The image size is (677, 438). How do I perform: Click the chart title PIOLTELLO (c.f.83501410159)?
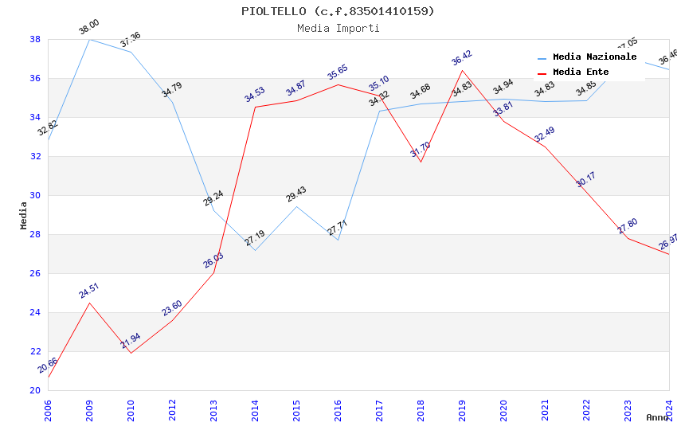click(x=338, y=11)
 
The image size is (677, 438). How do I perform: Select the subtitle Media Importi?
click(x=338, y=28)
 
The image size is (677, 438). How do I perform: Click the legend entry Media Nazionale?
click(x=594, y=57)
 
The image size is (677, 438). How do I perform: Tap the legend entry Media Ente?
click(x=581, y=72)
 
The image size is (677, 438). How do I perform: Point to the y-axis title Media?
click(x=23, y=215)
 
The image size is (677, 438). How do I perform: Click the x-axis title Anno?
click(x=657, y=417)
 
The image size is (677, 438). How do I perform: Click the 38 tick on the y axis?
click(x=35, y=39)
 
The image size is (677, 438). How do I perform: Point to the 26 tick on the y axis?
click(x=35, y=273)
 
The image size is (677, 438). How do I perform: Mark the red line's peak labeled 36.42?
click(x=462, y=70)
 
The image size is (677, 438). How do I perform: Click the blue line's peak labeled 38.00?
click(x=89, y=39)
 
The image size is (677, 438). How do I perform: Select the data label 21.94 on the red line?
click(x=131, y=341)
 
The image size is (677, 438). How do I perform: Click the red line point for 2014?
click(x=255, y=107)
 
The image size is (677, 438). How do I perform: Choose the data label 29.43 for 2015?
click(x=296, y=194)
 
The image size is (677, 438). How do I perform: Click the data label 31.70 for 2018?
click(x=420, y=150)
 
